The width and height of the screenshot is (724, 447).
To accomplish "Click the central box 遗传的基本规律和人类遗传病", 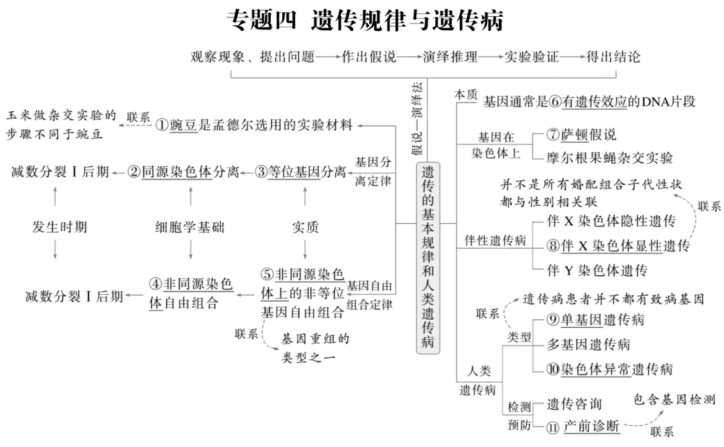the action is pyautogui.click(x=428, y=258).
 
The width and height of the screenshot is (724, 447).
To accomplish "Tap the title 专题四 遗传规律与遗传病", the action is pyautogui.click(x=365, y=21).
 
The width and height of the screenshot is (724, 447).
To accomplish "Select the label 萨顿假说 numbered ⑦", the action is pyautogui.click(x=581, y=134).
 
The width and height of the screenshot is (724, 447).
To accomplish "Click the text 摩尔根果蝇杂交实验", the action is pyautogui.click(x=610, y=158).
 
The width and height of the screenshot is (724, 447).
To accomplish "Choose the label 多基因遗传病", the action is pyautogui.click(x=588, y=344).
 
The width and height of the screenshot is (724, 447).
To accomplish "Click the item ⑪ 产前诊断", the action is pyautogui.click(x=581, y=426).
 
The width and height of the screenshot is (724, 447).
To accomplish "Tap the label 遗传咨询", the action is pyautogui.click(x=574, y=404).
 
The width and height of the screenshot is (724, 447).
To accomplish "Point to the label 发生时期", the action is pyautogui.click(x=60, y=227).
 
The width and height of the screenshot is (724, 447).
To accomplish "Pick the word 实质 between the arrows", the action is pyautogui.click(x=305, y=227).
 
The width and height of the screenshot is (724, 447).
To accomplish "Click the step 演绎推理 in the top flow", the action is pyautogui.click(x=450, y=56).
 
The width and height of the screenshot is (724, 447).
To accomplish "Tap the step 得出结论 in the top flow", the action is pyautogui.click(x=613, y=56).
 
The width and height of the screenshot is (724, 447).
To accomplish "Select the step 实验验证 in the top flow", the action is pyautogui.click(x=532, y=56).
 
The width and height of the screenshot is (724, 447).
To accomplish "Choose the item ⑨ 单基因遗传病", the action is pyautogui.click(x=587, y=320).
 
